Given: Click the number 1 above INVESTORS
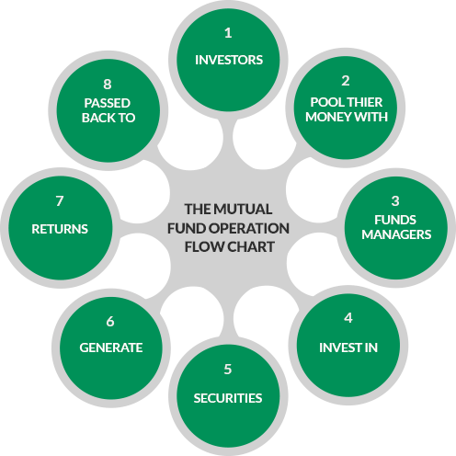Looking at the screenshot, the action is point(228,33).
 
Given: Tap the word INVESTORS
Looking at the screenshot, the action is point(229,60).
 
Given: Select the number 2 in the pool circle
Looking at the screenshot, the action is point(346,81).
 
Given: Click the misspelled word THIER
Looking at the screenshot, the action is point(365,102).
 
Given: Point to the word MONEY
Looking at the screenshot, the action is point(325,117).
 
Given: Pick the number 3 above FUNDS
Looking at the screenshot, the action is point(395,201).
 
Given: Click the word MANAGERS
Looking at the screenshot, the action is point(396,234).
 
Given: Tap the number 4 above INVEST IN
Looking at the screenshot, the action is point(348,318).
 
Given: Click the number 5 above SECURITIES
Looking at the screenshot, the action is point(228,370).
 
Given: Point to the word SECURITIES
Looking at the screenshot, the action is point(228,398).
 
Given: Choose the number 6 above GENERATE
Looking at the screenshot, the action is point(110,322).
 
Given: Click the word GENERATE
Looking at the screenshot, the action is point(111,348).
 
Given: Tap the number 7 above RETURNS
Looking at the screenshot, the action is point(60,201).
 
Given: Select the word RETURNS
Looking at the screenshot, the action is point(60,229).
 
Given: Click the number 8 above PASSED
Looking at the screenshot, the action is point(108,85).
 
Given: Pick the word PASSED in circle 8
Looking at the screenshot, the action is point(108,103).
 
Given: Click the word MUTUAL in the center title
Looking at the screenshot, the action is point(243,210).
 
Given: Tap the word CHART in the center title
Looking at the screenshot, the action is point(250,247).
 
